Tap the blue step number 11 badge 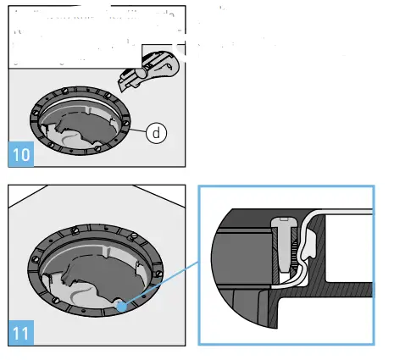(19, 331)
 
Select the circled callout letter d (157, 132)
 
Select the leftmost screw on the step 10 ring (35, 111)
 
